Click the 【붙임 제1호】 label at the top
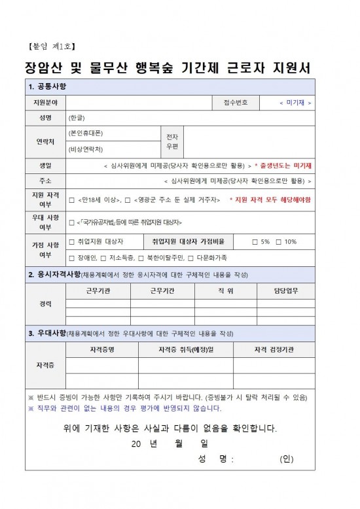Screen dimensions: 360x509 coord(52,46)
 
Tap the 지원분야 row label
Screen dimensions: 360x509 coord(46,103)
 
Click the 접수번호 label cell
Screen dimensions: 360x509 coord(236,103)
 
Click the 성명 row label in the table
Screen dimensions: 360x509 coord(46,118)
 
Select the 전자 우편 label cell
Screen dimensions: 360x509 coord(171,142)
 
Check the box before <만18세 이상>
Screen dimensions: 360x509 coord(71,199)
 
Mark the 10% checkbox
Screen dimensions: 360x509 coord(278,242)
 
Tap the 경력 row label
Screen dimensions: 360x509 coord(46,304)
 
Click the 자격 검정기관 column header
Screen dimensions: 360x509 coord(274,350)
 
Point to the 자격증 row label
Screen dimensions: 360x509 coord(46,364)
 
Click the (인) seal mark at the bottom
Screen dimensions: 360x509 coord(286,458)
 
